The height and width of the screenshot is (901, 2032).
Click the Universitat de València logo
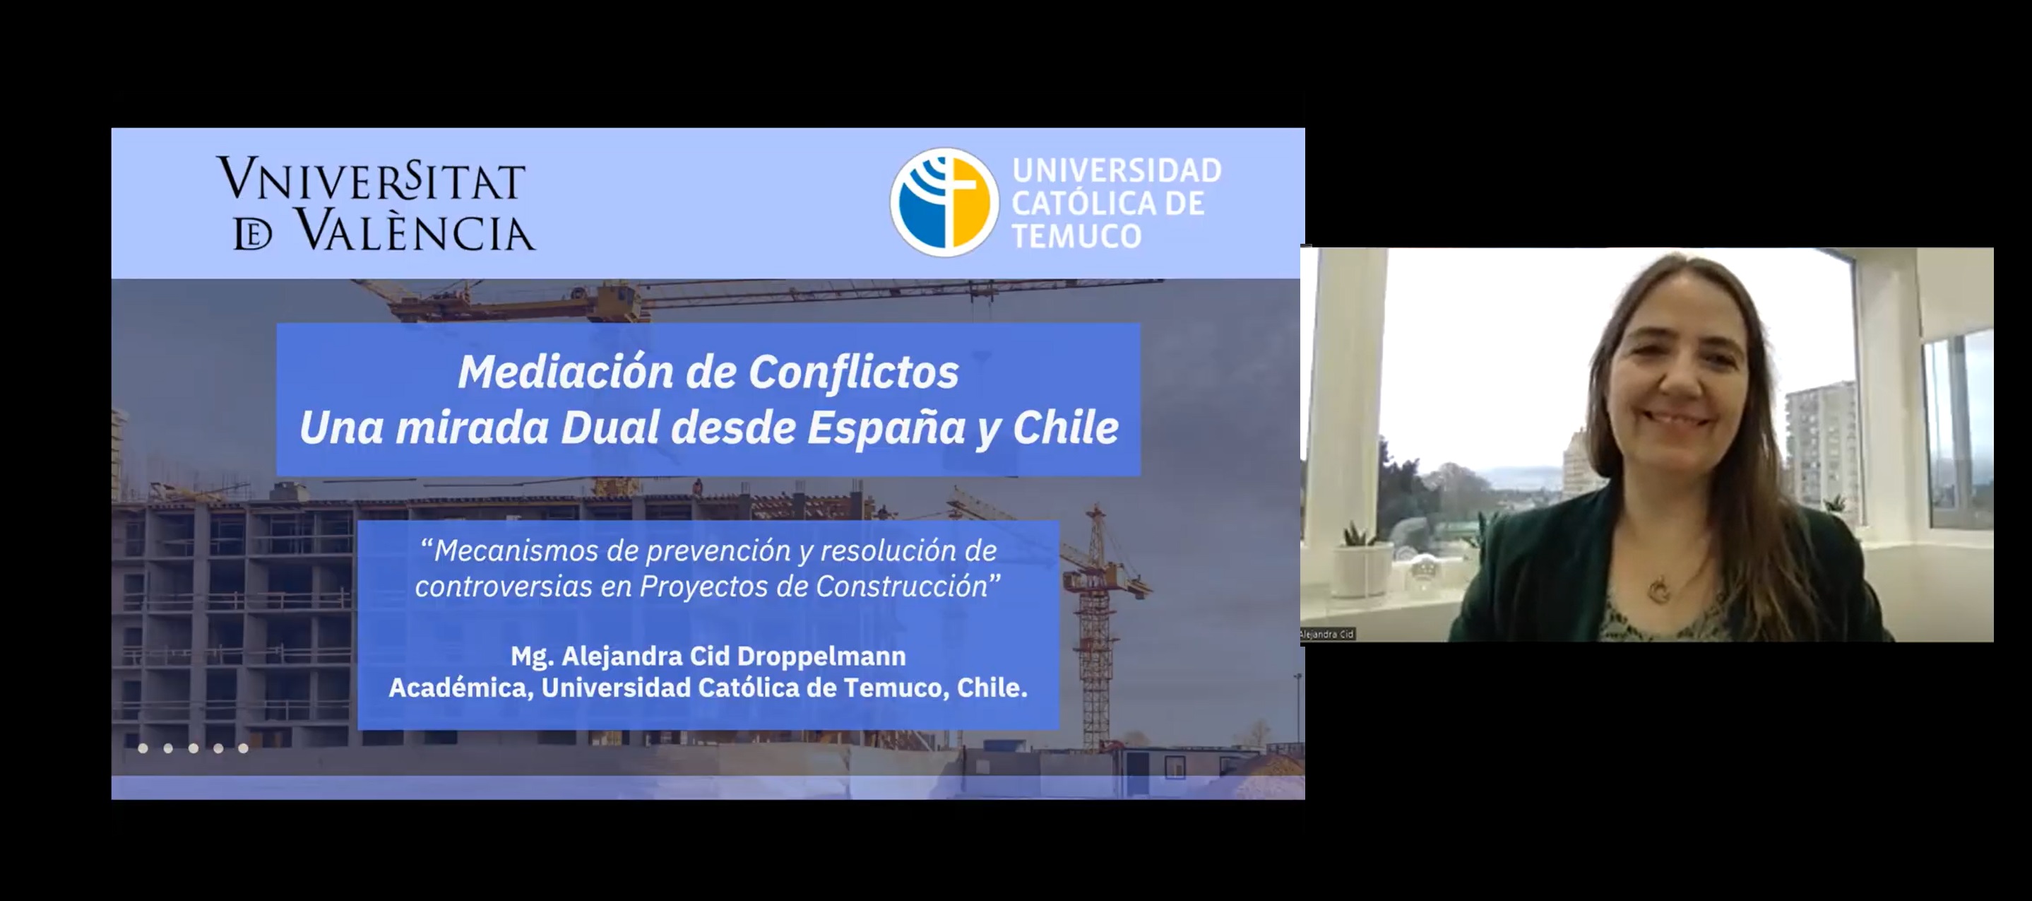click(x=376, y=204)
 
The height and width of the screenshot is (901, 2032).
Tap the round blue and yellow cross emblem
click(x=944, y=202)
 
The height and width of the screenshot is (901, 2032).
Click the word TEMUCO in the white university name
click(x=1076, y=236)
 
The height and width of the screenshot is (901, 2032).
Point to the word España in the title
click(x=886, y=428)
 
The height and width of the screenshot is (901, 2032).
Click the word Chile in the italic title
click(x=1065, y=428)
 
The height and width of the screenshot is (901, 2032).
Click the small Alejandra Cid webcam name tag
click(x=1328, y=634)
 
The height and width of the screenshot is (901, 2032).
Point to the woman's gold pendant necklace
click(x=1660, y=589)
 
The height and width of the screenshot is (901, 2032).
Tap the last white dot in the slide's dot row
click(x=243, y=748)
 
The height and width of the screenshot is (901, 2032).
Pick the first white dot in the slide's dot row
click(x=143, y=748)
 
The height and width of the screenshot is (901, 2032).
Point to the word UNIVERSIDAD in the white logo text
click(x=1117, y=170)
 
